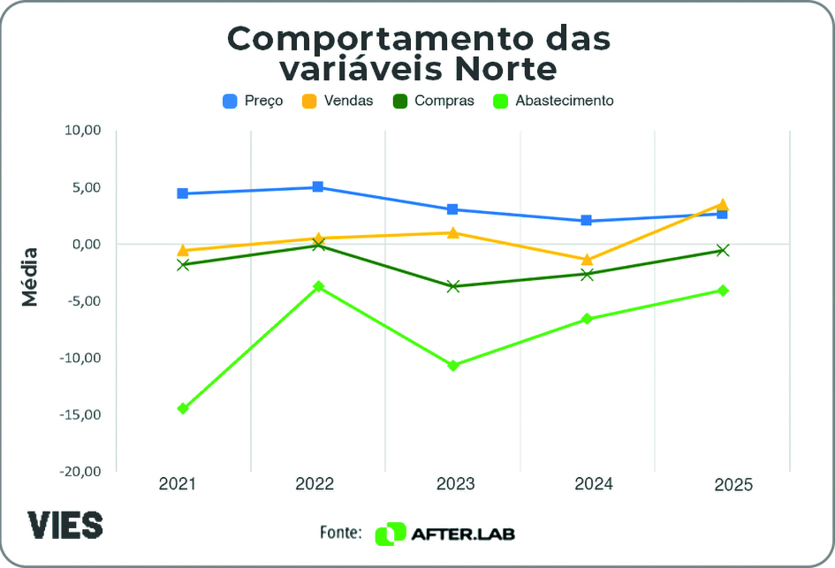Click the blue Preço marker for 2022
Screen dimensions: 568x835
click(x=317, y=187)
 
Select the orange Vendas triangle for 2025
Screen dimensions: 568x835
click(x=722, y=205)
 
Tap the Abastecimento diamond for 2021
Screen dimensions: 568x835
click(x=183, y=408)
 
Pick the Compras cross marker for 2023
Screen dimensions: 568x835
click(x=452, y=286)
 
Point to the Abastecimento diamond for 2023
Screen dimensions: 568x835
click(x=452, y=365)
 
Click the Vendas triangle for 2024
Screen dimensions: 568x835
click(x=587, y=259)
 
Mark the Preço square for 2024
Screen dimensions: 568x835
click(x=587, y=220)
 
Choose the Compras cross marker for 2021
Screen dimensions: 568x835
click(x=183, y=264)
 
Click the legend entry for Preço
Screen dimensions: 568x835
click(x=253, y=101)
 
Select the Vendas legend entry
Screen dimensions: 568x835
click(x=338, y=101)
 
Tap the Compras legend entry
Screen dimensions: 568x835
click(x=433, y=101)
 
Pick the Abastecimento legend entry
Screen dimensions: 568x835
click(x=553, y=101)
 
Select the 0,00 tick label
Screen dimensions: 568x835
click(x=87, y=244)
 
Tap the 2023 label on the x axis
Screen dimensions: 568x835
click(x=452, y=484)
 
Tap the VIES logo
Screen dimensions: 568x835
click(x=65, y=524)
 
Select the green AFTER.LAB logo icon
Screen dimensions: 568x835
click(x=390, y=534)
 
